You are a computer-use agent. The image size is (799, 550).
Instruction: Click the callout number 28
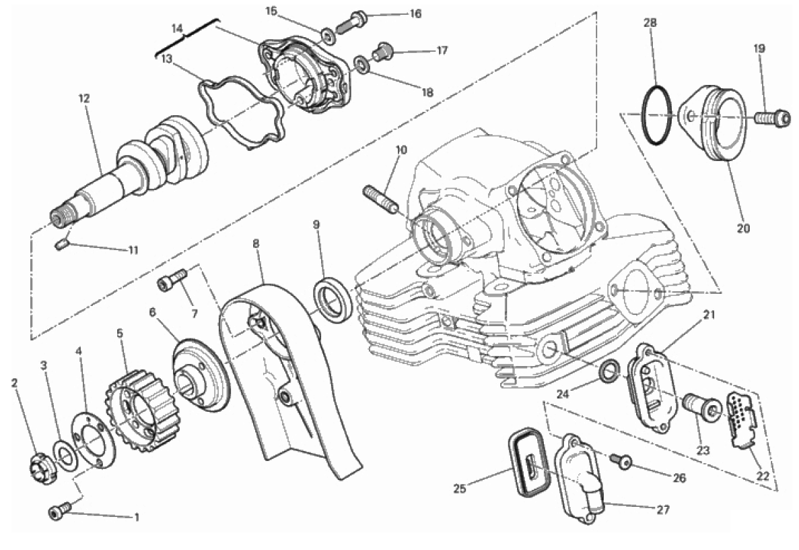(650, 22)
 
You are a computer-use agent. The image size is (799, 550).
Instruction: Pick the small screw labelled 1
(58, 512)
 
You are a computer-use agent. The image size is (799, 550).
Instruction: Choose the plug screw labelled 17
(383, 51)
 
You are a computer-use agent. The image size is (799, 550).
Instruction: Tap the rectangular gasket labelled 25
(529, 463)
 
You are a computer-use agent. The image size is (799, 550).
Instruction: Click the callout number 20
(743, 228)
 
